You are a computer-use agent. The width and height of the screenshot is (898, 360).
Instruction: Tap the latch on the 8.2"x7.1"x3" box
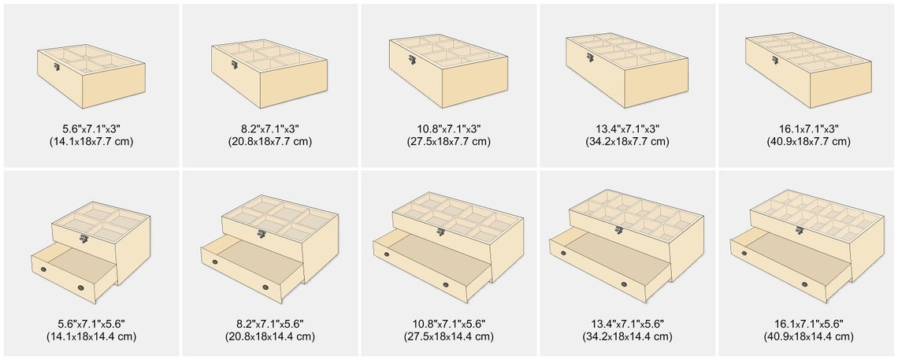235,65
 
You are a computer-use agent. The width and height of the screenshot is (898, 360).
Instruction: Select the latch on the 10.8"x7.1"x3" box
412,60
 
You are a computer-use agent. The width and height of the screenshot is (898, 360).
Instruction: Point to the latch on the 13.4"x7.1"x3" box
590,58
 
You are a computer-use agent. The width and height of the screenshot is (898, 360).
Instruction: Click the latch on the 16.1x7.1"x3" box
775,60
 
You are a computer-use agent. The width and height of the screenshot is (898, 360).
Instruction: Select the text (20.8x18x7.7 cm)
269,141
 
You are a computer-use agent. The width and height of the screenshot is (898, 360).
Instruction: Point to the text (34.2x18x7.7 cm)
627,141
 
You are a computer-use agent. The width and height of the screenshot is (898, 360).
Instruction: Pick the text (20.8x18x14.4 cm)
269,336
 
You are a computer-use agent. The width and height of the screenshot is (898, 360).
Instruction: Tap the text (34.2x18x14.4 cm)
627,336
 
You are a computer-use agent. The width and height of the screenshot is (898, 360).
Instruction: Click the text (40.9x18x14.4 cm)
807,336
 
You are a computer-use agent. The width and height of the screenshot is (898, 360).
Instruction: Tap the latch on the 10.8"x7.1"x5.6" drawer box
440,232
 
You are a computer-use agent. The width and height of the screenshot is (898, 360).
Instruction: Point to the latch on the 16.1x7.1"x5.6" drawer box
800,230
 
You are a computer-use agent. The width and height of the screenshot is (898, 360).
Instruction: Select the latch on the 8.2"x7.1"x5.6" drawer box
262,233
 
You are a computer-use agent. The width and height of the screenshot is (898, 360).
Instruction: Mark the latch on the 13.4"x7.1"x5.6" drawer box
618,229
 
